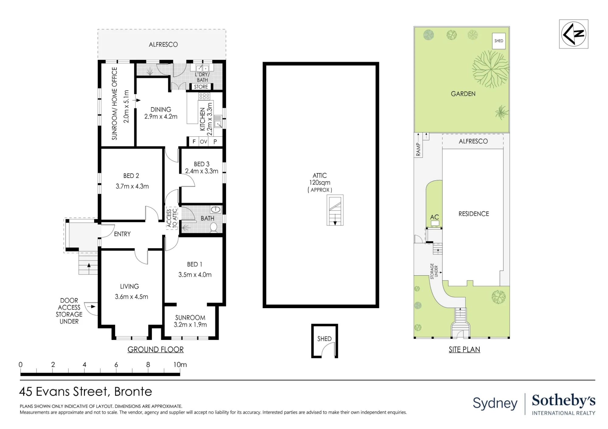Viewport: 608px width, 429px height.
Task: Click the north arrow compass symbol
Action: click(x=573, y=34)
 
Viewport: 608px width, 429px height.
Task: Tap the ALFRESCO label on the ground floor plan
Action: click(x=163, y=45)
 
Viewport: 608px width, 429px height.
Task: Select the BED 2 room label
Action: click(x=131, y=176)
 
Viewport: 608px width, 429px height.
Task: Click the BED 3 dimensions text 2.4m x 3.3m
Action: click(x=202, y=171)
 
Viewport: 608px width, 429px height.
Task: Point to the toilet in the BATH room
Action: click(x=214, y=227)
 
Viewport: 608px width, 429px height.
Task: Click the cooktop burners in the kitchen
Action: click(x=204, y=96)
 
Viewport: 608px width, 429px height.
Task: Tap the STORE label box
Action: click(x=201, y=87)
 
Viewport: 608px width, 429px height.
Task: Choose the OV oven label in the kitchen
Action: click(x=203, y=141)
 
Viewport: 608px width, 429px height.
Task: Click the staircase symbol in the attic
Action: click(x=335, y=210)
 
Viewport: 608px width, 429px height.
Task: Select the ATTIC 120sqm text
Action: click(x=320, y=179)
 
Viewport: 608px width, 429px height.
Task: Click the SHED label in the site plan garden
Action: click(x=499, y=41)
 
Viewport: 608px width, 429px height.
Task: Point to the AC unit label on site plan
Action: click(x=434, y=217)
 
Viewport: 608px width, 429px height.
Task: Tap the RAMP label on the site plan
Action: click(x=418, y=149)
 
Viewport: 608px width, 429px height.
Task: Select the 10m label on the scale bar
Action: click(x=180, y=365)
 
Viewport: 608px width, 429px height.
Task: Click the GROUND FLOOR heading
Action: click(x=156, y=350)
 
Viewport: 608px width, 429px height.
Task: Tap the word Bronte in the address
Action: click(x=133, y=392)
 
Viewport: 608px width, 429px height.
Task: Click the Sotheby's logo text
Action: click(x=564, y=400)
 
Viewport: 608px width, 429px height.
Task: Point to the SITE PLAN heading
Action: click(x=465, y=350)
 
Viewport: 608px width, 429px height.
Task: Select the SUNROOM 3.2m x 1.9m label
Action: click(x=190, y=321)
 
